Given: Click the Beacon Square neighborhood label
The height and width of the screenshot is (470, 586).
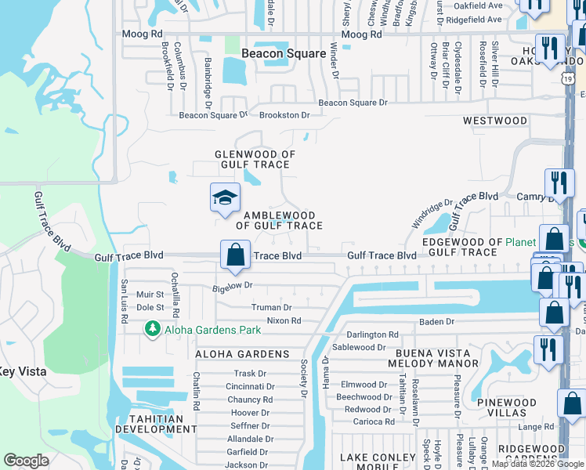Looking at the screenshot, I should pyautogui.click(x=283, y=53).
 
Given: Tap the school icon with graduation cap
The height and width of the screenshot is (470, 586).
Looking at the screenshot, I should pyautogui.click(x=225, y=198).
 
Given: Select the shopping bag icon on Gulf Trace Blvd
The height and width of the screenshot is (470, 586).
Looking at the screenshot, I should pyautogui.click(x=235, y=254).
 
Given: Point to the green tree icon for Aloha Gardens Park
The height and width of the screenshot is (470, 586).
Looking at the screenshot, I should pyautogui.click(x=154, y=330).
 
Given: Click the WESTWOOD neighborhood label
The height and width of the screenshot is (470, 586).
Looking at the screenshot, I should pyautogui.click(x=494, y=121).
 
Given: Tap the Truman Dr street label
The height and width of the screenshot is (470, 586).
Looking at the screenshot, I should pyautogui.click(x=271, y=309).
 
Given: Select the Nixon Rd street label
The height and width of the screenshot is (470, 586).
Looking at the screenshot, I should pyautogui.click(x=284, y=321).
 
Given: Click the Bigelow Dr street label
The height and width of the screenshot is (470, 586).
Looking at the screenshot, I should pyautogui.click(x=233, y=287).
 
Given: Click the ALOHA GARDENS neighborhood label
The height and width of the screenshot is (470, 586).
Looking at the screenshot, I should pyautogui.click(x=242, y=354).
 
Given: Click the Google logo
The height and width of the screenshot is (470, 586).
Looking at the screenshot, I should pyautogui.click(x=27, y=461).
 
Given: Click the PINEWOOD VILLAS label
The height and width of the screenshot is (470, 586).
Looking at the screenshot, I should pyautogui.click(x=507, y=407).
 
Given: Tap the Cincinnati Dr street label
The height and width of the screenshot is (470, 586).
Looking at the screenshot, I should pyautogui.click(x=250, y=387).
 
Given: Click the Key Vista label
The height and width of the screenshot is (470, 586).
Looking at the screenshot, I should pyautogui.click(x=22, y=372).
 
